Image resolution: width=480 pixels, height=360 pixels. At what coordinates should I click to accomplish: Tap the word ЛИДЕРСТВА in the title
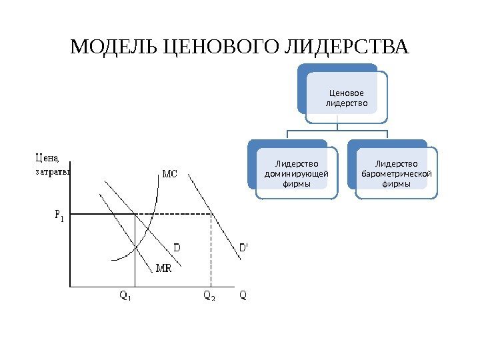pyautogui.click(x=347, y=49)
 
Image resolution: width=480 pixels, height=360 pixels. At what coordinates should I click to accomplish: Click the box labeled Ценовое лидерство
pyautogui.click(x=346, y=98)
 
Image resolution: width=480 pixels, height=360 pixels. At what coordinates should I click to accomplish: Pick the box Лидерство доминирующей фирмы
pyautogui.click(x=297, y=173)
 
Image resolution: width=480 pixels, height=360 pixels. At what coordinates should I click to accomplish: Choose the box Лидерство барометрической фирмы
pyautogui.click(x=396, y=173)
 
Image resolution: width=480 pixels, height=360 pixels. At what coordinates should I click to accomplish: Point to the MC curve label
pyautogui.click(x=171, y=174)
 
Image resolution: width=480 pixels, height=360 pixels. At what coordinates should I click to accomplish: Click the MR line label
pyautogui.click(x=163, y=269)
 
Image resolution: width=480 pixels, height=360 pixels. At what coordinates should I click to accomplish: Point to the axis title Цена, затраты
pyautogui.click(x=47, y=164)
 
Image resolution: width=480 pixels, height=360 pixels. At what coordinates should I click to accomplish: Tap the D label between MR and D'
pyautogui.click(x=178, y=247)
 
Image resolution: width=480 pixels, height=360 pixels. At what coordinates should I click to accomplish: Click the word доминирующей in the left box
pyautogui.click(x=297, y=174)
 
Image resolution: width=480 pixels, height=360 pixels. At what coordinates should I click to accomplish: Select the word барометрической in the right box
pyautogui.click(x=396, y=174)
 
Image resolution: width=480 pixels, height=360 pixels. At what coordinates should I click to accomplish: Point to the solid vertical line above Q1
pyautogui.click(x=135, y=267)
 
